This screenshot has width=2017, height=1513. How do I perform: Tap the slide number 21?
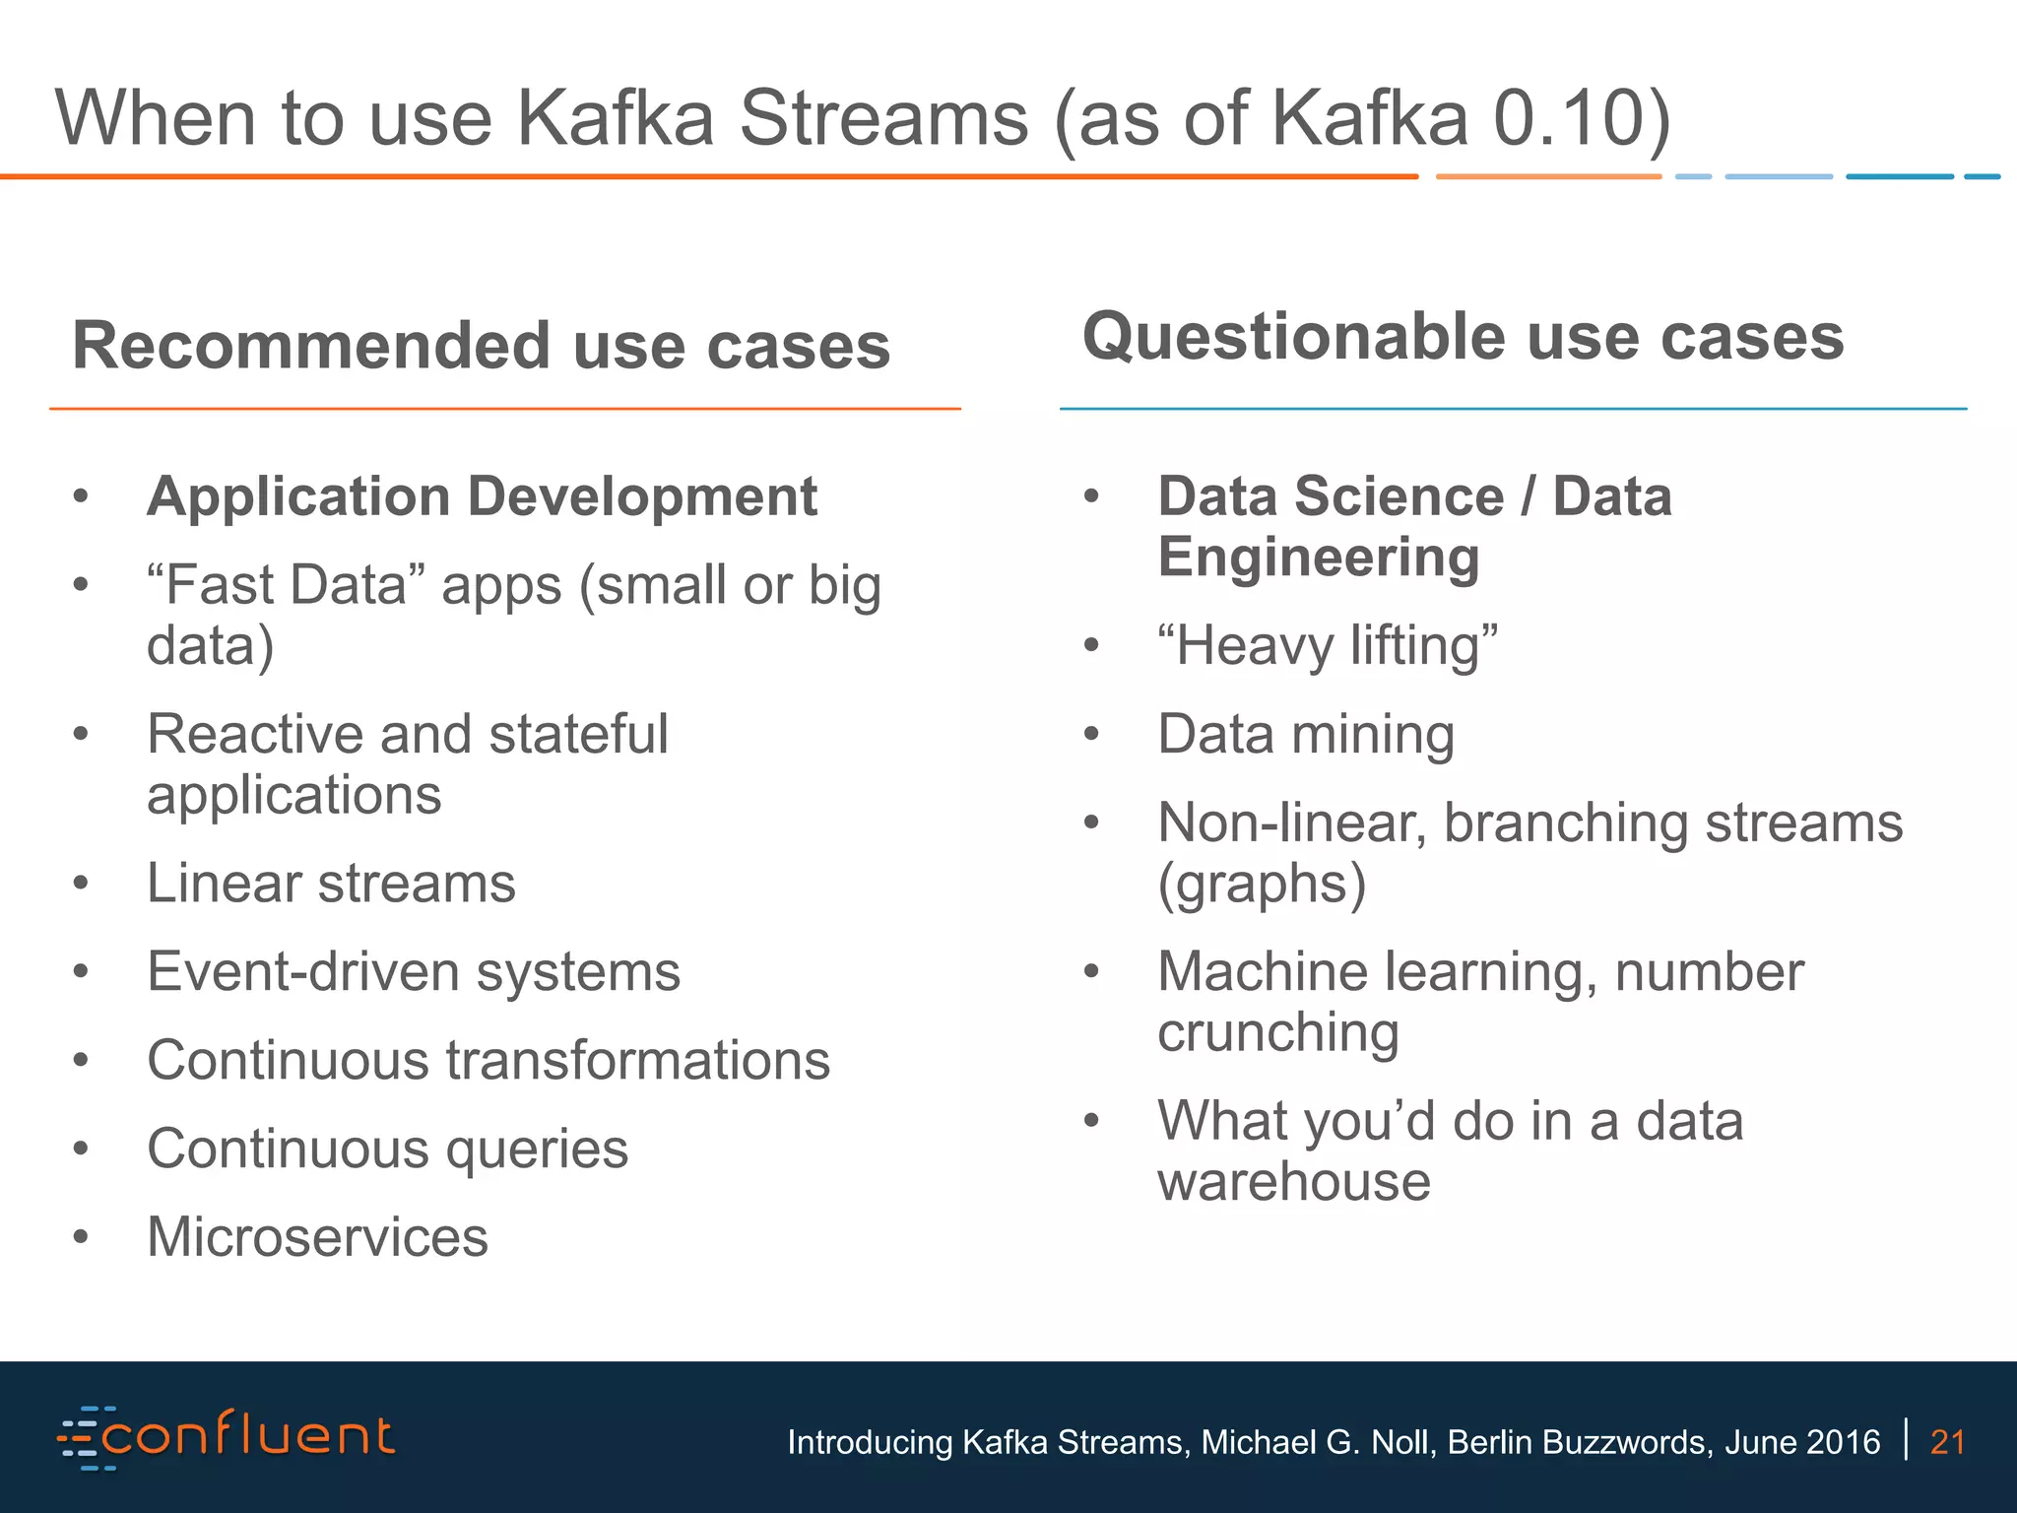(x=1947, y=1442)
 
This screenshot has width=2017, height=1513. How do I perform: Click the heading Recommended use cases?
(x=481, y=346)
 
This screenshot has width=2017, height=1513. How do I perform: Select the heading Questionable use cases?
(x=1463, y=337)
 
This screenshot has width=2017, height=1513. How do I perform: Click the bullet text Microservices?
(x=317, y=1237)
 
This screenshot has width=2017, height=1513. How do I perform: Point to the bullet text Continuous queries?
(x=387, y=1149)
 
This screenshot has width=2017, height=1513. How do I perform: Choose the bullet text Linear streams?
(x=331, y=883)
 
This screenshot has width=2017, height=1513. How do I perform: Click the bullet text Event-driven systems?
(x=414, y=971)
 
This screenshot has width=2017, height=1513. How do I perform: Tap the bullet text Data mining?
(x=1306, y=735)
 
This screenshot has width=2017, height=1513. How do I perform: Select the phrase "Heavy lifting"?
(x=1328, y=646)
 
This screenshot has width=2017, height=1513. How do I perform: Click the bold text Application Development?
(x=482, y=495)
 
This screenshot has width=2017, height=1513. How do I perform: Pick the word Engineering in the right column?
(x=1319, y=558)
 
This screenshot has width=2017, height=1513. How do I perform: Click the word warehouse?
(x=1293, y=1181)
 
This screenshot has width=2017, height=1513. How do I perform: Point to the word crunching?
(x=1277, y=1033)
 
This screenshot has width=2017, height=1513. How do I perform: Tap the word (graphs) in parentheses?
(x=1262, y=884)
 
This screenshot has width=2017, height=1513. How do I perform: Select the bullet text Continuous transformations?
(x=488, y=1060)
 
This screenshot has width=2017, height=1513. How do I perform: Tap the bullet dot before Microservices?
(x=81, y=1237)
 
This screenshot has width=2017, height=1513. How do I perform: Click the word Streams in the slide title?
(x=883, y=118)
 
